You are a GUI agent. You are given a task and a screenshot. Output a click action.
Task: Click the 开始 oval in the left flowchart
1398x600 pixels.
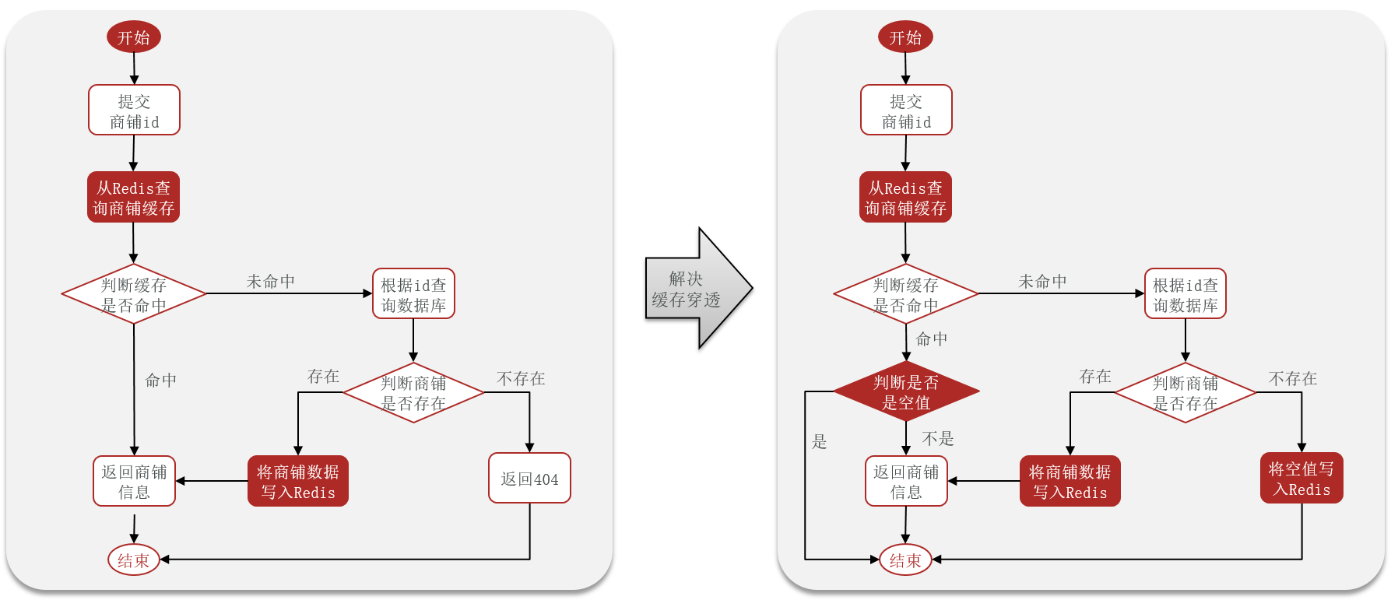(134, 37)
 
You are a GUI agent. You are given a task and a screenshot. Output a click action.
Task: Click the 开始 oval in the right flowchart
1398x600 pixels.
(905, 37)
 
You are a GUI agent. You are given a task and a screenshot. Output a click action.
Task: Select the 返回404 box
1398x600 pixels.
(529, 479)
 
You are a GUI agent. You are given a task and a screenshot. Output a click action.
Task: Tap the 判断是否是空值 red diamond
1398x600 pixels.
(906, 391)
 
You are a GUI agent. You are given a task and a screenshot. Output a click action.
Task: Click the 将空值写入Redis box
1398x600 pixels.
(1301, 479)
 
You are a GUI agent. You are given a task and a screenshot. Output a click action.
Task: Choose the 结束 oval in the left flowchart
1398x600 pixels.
(134, 560)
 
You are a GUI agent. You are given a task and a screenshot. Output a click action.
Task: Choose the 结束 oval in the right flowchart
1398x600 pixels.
(905, 560)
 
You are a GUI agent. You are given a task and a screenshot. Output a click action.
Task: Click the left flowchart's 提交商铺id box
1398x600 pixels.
(134, 111)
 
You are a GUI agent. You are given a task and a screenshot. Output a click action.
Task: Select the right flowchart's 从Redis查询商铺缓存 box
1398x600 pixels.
(905, 198)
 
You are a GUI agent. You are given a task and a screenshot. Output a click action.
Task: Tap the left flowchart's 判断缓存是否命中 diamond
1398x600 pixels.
(134, 294)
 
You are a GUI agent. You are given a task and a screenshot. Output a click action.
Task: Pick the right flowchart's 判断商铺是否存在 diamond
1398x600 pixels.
(1185, 393)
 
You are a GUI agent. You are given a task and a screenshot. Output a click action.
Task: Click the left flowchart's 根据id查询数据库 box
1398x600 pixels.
(413, 294)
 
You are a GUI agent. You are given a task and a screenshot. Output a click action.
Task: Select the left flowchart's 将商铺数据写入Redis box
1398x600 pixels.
(297, 482)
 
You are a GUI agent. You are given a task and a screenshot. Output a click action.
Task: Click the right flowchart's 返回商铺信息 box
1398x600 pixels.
(906, 482)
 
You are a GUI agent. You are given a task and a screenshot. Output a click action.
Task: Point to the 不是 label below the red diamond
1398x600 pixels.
(938, 439)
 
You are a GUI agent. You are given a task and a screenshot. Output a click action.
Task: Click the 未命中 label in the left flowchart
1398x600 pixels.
(271, 282)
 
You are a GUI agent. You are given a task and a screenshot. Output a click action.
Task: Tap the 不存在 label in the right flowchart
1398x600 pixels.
(1292, 379)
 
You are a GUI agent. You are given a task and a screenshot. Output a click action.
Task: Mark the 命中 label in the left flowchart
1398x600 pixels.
(161, 381)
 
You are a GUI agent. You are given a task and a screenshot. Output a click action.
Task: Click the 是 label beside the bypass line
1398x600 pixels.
(819, 442)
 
